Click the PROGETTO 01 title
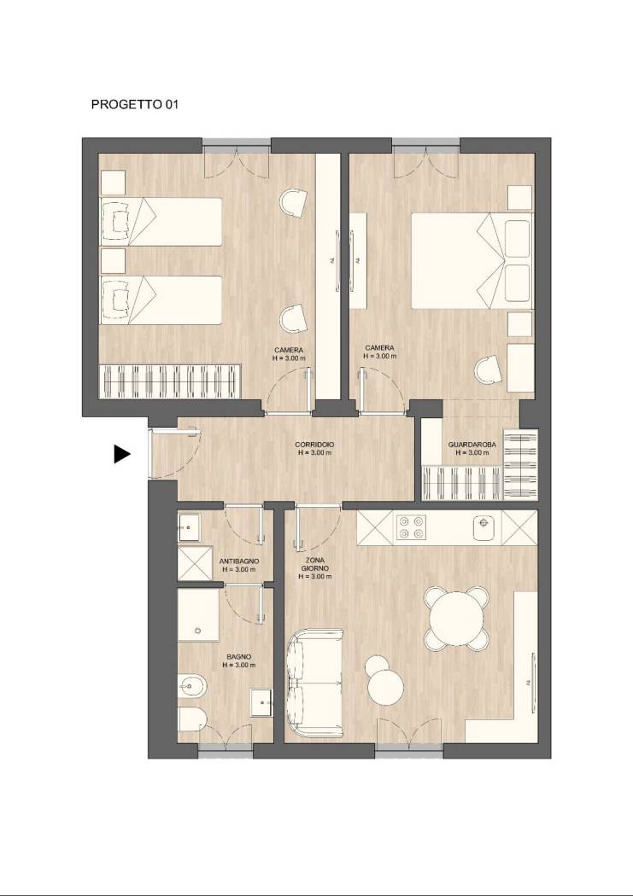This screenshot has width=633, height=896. pyautogui.click(x=135, y=105)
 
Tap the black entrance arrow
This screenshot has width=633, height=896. pyautogui.click(x=122, y=454)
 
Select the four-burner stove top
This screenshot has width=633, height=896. pyautogui.click(x=412, y=527)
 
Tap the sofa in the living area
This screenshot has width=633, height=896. pyautogui.click(x=315, y=684)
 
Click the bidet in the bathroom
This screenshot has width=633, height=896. pyautogui.click(x=192, y=684)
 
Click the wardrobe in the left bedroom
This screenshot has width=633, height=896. pyautogui.click(x=170, y=381)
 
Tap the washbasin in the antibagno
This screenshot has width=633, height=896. pyautogui.click(x=189, y=527)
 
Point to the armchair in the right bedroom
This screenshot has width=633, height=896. pyautogui.click(x=489, y=369)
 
